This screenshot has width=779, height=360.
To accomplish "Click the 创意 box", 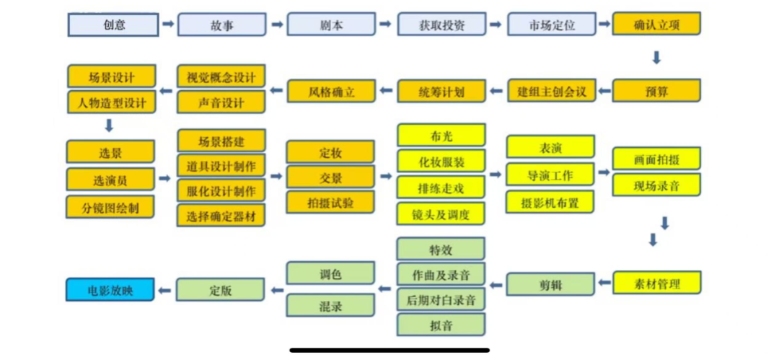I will coord(113,25).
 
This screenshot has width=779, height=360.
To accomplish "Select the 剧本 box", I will coord(331,25).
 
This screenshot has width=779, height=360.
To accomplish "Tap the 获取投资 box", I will coord(441,25).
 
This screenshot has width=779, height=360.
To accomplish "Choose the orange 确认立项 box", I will coord(656,25).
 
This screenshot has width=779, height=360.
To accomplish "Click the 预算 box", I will coord(656,91).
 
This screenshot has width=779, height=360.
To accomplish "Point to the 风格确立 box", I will coord(331,91).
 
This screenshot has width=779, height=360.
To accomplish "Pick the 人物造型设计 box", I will coord(111,102).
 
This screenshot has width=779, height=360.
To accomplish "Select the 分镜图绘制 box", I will coord(111,208).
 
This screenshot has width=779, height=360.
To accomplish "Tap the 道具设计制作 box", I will coord(221,167).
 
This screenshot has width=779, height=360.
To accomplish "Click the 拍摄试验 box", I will coord(331,202).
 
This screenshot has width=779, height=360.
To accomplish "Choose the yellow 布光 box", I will coord(441,135).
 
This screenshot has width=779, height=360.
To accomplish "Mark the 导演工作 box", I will coord(550,174).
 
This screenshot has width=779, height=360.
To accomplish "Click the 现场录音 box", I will coord(656,185).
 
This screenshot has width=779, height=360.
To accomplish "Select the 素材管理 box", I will coord(656,283).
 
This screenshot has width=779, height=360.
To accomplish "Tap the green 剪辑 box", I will coord(550,284).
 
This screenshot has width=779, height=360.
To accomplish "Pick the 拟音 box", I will coord(441,324).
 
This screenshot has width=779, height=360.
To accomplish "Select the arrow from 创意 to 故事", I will coord(167,25).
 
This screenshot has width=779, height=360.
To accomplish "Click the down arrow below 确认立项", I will coord(656,58).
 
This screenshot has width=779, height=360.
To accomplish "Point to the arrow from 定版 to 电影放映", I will coord(165,291).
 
